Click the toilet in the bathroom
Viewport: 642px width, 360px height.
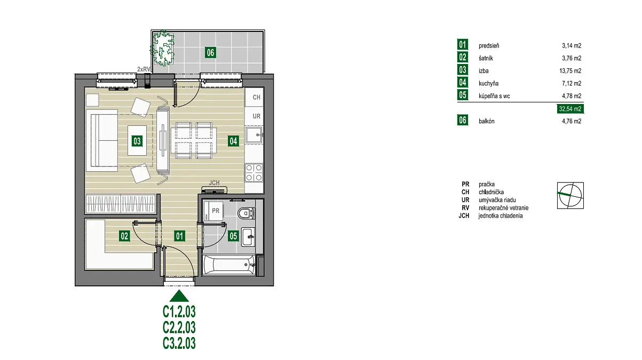[246, 213]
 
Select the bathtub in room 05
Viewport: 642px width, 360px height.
[229, 265]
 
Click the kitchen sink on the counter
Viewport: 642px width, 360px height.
[254, 135]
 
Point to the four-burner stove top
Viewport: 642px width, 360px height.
[254, 173]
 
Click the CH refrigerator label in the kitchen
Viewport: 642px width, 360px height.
[257, 98]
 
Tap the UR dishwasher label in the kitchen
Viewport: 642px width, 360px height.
[257, 116]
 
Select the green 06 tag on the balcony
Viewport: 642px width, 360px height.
[210, 53]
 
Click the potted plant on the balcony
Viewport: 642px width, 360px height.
[162, 48]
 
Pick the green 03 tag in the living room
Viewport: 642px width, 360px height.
[137, 141]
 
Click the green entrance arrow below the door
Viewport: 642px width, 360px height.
[179, 296]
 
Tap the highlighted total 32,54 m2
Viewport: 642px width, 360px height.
[570, 109]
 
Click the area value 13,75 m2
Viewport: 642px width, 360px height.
[570, 71]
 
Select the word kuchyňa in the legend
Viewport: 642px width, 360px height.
[488, 84]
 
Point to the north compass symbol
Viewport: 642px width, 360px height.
[570, 196]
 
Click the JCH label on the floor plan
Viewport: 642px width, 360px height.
[214, 183]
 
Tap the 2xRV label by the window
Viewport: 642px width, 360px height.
[144, 69]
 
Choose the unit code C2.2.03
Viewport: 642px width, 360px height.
[179, 327]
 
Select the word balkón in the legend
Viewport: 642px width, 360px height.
[486, 121]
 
